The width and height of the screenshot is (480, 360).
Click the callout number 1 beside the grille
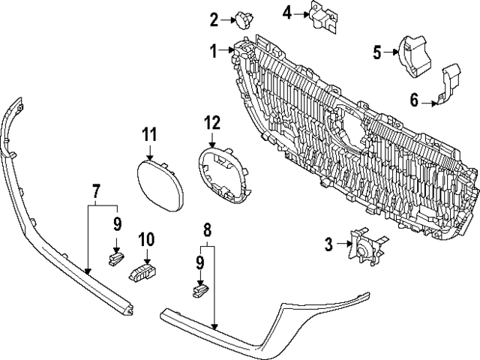[213, 51]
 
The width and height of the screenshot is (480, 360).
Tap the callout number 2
[214, 19]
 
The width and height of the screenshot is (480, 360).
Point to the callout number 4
[287, 11]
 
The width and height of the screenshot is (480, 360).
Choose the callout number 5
[377, 51]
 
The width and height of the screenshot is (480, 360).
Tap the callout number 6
[413, 98]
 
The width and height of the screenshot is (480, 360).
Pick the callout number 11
[149, 134]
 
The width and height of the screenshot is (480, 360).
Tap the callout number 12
[212, 122]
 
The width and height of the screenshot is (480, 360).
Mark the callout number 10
[145, 239]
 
